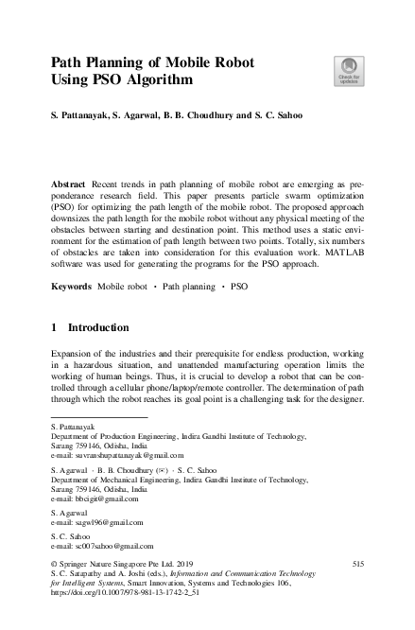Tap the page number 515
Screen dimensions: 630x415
click(357, 564)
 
